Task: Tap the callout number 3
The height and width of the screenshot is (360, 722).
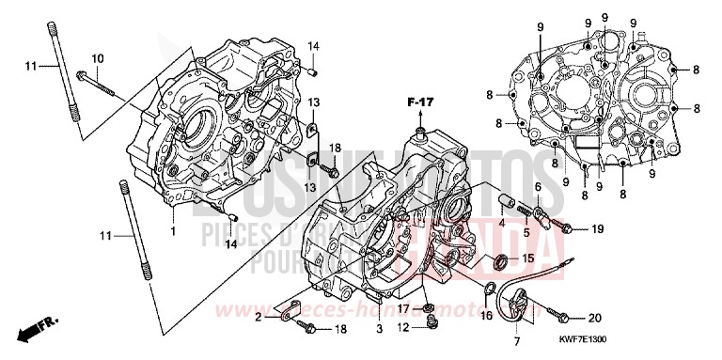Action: click(379, 330)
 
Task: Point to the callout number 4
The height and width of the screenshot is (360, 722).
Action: click(502, 224)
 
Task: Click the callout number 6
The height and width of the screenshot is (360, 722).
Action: click(536, 187)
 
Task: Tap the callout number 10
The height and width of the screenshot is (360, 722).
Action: click(98, 58)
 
